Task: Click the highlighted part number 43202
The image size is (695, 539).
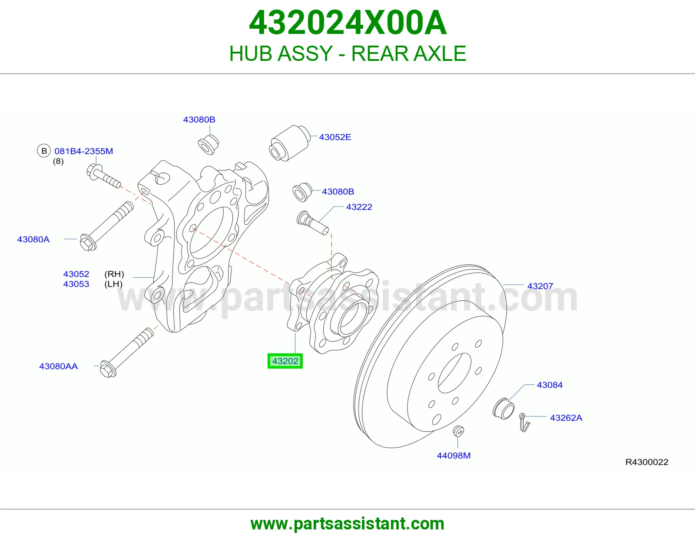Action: pyautogui.click(x=285, y=361)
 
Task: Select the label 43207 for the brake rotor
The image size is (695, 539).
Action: pyautogui.click(x=540, y=286)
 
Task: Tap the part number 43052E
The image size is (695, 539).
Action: pyautogui.click(x=335, y=137)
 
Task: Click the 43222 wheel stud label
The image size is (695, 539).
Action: pyautogui.click(x=359, y=207)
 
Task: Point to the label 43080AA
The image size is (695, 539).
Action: pyautogui.click(x=59, y=366)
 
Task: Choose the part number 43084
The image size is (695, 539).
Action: pyautogui.click(x=549, y=385)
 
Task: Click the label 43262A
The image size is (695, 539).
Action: pyautogui.click(x=566, y=418)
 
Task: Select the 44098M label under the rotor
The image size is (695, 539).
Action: pyautogui.click(x=454, y=456)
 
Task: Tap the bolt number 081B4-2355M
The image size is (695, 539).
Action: pyautogui.click(x=84, y=151)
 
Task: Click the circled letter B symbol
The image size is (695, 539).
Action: pyautogui.click(x=44, y=151)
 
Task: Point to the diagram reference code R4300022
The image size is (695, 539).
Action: pyautogui.click(x=647, y=462)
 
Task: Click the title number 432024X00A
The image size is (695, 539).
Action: pyautogui.click(x=347, y=23)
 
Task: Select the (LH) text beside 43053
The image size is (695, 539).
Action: pyautogui.click(x=113, y=284)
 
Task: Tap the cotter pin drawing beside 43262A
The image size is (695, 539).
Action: pyautogui.click(x=524, y=423)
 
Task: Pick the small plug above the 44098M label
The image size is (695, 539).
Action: pyautogui.click(x=459, y=431)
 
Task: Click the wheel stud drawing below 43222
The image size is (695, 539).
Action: pyautogui.click(x=312, y=223)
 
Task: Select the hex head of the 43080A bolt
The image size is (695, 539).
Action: pyautogui.click(x=87, y=243)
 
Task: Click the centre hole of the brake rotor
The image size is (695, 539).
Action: pyautogui.click(x=454, y=373)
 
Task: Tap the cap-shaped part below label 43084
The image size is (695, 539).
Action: pyautogui.click(x=503, y=409)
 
